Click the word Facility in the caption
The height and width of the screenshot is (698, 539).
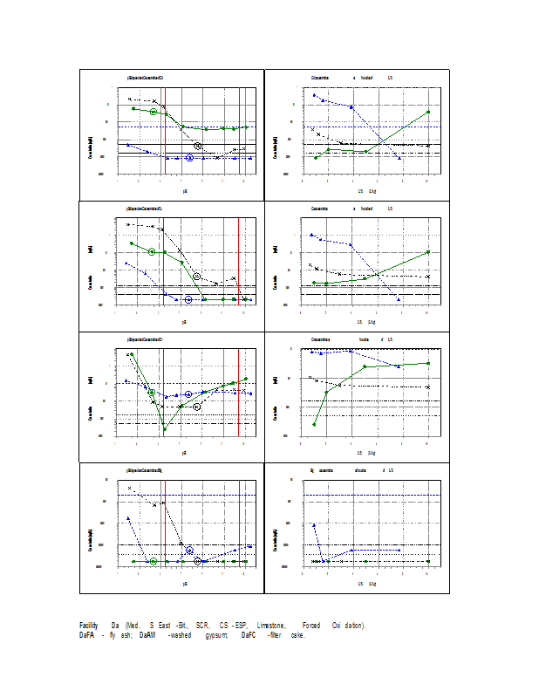pos(88,626)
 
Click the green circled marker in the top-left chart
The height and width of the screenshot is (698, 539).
pos(154,112)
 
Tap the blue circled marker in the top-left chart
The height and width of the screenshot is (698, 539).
pos(189,158)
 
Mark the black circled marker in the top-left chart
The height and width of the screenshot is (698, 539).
pos(198,146)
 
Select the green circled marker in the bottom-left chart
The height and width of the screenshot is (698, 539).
pos(154,562)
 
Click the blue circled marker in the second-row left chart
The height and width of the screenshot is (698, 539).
pos(188,299)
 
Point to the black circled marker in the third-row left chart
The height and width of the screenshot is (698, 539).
pos(197,407)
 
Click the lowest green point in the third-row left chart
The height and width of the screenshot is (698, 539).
pos(165,429)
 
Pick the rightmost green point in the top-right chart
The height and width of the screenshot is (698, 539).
pos(427,112)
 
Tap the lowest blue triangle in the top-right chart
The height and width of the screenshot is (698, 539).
pos(399,158)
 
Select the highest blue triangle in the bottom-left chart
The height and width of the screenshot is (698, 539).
pos(128,517)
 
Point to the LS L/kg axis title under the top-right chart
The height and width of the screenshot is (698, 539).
pos(366,190)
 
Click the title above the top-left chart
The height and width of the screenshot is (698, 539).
pos(145,79)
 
